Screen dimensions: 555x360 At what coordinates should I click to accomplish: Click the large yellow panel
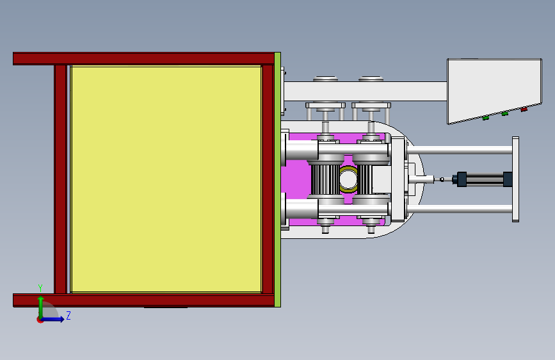coord(166,179)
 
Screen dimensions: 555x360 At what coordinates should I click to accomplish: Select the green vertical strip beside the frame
coord(278,179)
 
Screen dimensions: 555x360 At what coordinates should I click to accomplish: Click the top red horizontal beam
coord(143,58)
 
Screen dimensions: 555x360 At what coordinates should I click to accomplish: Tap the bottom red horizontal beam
coord(143,300)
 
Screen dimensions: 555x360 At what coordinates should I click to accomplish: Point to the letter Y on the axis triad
coord(40,288)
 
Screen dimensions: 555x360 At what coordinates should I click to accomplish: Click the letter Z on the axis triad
coord(68,315)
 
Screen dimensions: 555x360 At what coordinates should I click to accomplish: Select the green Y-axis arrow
coord(41,308)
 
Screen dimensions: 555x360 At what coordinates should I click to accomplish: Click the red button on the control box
coord(524,110)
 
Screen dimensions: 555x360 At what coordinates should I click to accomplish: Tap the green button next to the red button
coord(504,114)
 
